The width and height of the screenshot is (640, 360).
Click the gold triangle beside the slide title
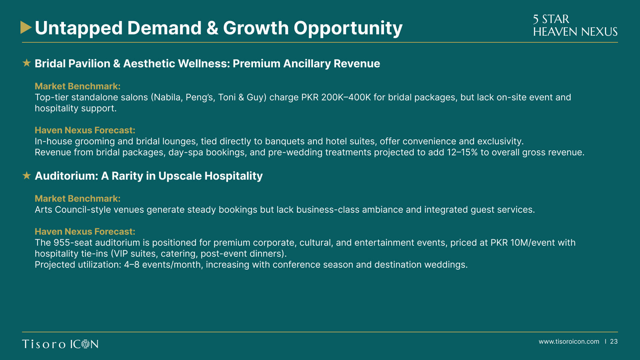click(25, 27)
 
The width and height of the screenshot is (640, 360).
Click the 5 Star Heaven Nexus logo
click(575, 25)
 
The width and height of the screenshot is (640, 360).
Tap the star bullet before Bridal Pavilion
click(27, 63)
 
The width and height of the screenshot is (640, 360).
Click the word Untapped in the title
click(79, 28)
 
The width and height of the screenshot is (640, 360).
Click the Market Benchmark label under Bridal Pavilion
click(78, 86)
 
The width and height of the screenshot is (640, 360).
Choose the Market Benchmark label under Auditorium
click(78, 198)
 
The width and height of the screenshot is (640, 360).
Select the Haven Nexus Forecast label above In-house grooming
click(85, 130)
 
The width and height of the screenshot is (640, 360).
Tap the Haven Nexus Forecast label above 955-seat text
click(85, 231)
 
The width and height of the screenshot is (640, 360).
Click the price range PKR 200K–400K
click(336, 97)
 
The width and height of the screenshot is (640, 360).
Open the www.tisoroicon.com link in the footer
click(569, 342)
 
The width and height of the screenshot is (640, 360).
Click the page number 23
click(614, 342)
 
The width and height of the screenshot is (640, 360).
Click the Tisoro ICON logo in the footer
click(60, 344)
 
